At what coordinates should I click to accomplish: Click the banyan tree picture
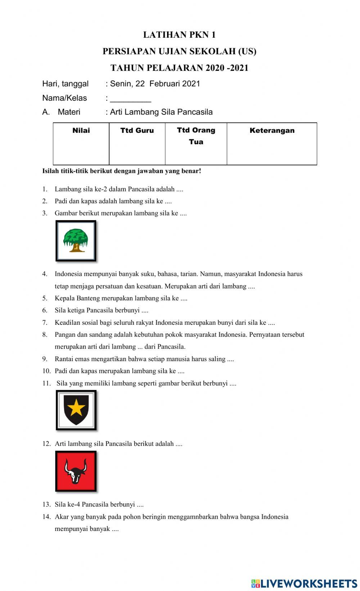76,241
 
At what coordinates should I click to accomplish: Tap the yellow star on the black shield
76,408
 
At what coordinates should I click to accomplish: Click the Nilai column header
81,131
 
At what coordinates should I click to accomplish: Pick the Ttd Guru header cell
137,131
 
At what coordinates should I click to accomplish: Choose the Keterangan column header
272,131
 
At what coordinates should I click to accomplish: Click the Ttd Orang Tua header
196,136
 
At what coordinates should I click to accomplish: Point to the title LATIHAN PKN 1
179,35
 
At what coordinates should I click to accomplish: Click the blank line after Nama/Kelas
130,99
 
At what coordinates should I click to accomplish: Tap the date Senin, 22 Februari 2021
155,84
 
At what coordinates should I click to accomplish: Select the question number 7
45,323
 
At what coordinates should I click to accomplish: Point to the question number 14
46,517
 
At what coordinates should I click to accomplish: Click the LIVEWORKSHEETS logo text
309,583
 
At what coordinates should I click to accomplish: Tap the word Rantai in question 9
64,359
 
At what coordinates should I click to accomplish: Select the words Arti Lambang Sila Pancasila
161,112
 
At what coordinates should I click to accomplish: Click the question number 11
46,383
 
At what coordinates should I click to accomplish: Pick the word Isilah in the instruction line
50,171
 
